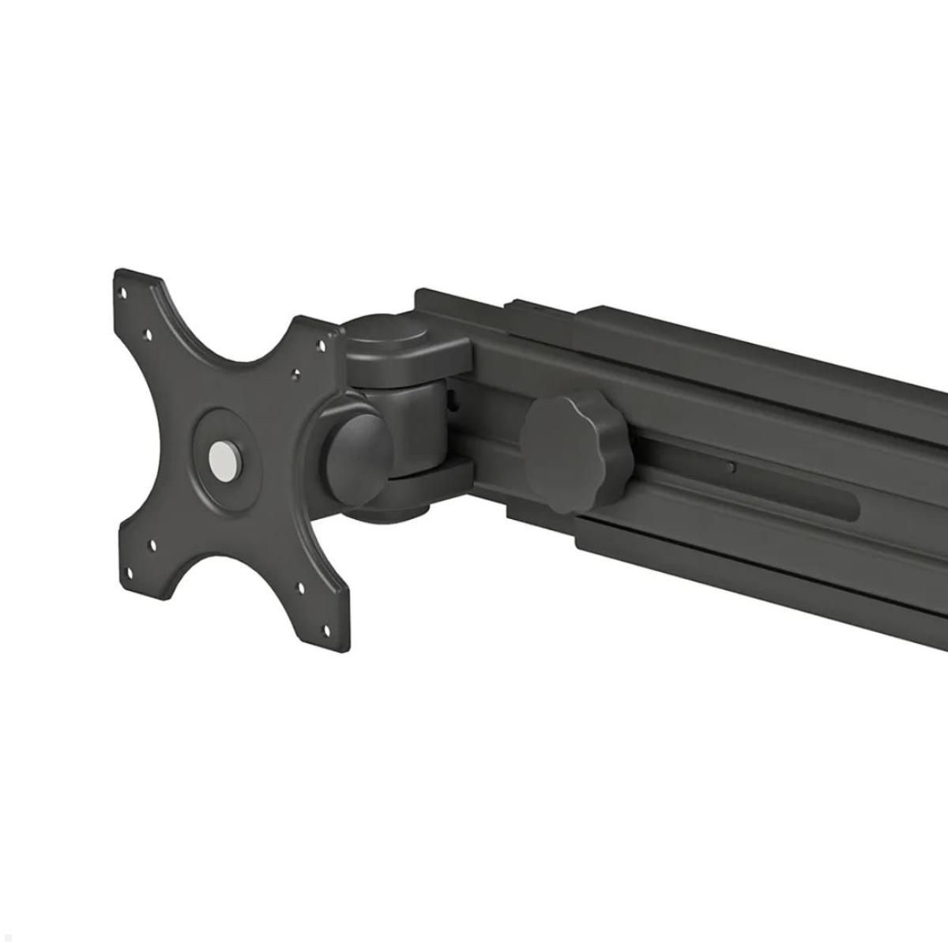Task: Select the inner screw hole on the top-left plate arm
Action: coord(146,335)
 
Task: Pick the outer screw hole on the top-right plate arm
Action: coord(321,344)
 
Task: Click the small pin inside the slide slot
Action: coord(732,467)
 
